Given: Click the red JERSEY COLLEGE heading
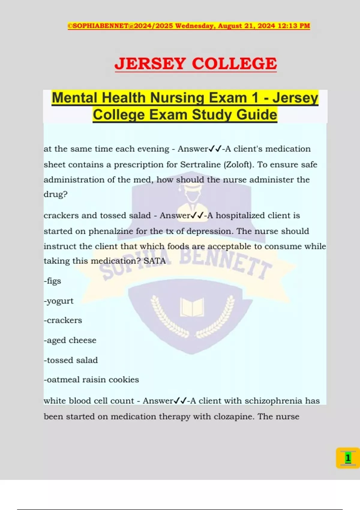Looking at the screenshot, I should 196,64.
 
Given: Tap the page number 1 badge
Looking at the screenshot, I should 348,458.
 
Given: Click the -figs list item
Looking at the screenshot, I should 52,281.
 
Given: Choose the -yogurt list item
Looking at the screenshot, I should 58,301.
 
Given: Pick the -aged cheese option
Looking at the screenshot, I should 70,340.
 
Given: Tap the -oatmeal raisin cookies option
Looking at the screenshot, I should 91,380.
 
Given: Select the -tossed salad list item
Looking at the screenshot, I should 71,360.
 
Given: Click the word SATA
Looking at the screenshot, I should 154,261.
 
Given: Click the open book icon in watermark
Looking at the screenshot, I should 192,307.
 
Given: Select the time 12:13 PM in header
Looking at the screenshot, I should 294,26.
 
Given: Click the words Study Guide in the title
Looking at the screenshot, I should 234,115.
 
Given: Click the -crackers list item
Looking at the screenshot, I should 63,320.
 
